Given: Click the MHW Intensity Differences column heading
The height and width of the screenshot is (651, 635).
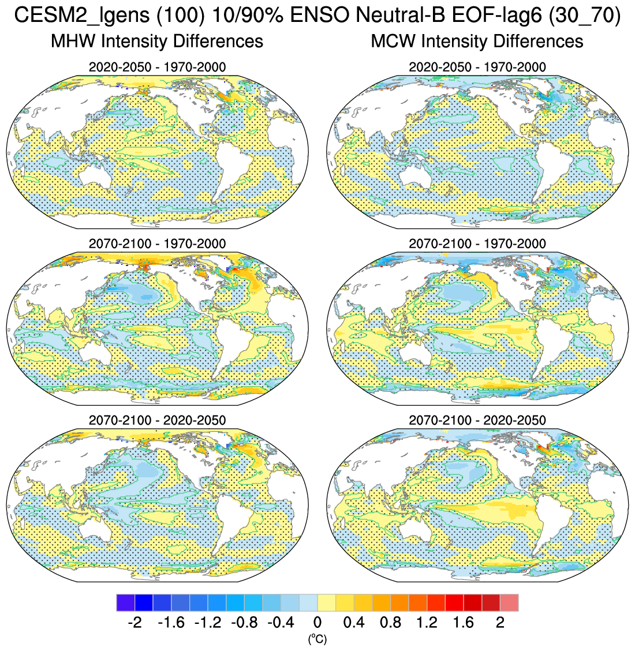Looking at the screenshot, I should point(157,41).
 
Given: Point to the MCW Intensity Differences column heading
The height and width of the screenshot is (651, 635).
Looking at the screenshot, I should point(477,41).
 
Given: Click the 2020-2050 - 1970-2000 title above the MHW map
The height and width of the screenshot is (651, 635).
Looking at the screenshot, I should point(157,67).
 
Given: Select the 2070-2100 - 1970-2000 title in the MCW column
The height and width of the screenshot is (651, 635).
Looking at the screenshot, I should point(477,244).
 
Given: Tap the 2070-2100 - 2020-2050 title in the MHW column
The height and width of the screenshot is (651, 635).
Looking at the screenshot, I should point(157,420).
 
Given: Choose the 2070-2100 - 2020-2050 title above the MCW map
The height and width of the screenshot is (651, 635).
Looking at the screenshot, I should point(477,420).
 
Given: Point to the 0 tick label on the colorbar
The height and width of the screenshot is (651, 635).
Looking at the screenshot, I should point(317,623).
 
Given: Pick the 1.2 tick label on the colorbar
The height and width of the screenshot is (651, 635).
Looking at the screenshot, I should point(427,623).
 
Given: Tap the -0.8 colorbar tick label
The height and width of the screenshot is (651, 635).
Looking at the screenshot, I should point(243,623).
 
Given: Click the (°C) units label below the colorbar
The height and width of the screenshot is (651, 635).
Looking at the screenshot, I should point(317,638).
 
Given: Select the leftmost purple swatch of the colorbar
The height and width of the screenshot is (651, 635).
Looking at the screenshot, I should point(125,602).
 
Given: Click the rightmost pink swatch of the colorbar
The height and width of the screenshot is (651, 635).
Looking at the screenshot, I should point(509,602).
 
